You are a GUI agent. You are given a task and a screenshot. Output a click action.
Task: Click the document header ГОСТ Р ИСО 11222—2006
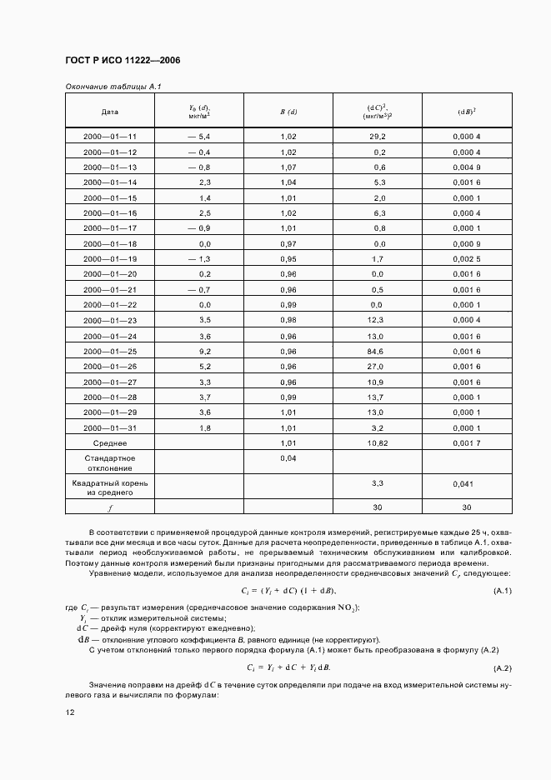coord(122,61)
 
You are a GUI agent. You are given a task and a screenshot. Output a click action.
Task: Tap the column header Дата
coord(109,111)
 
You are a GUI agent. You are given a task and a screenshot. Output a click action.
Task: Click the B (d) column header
coord(288,111)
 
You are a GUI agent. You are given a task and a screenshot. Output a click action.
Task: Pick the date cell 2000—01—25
coord(109,351)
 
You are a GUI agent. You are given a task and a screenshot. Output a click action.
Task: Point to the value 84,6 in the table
coord(378,351)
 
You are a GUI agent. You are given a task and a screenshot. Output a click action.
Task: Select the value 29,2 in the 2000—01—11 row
coord(378,136)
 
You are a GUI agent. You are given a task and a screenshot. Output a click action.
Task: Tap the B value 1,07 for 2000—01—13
coord(288,167)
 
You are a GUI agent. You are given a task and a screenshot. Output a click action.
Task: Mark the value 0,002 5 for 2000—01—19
coord(467,258)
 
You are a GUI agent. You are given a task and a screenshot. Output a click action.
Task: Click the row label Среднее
coord(109,443)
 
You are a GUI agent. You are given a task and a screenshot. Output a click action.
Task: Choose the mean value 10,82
coord(378,443)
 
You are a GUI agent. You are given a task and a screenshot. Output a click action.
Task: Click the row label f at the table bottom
coord(109,506)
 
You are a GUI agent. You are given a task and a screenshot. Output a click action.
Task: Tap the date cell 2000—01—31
coord(109,427)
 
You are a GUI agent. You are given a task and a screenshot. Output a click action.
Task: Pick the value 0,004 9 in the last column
coord(467,167)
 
